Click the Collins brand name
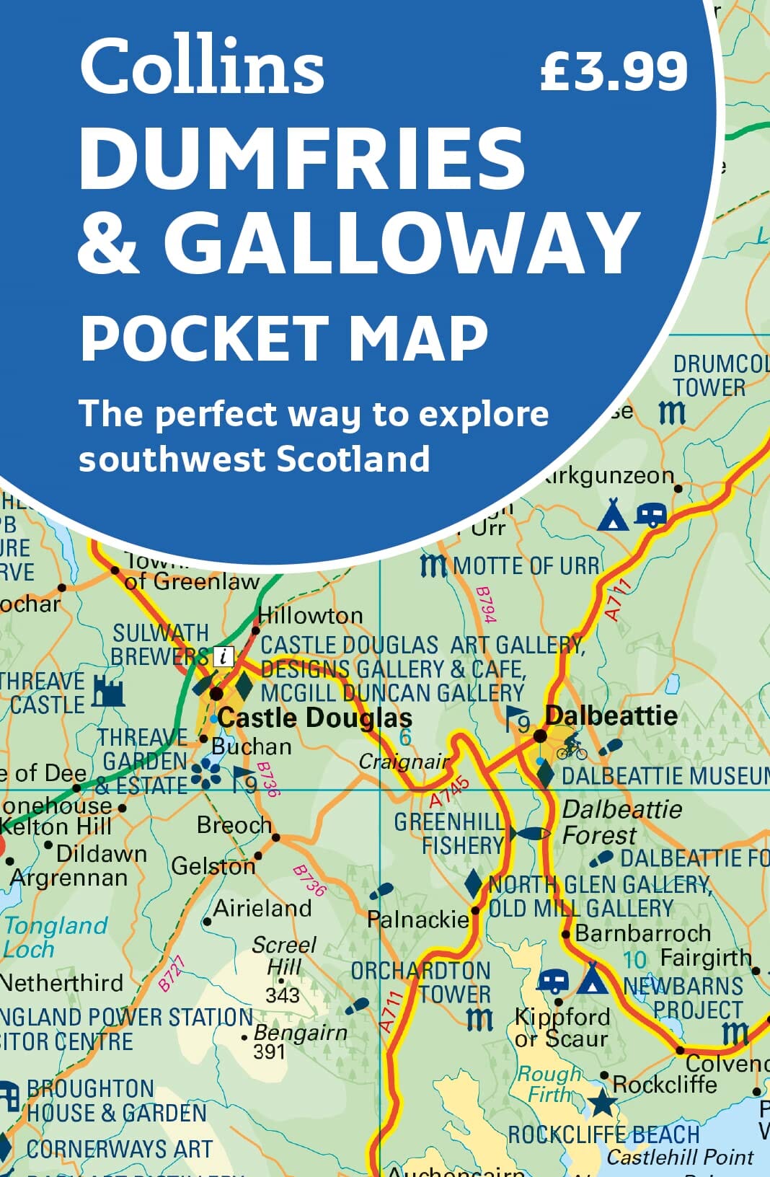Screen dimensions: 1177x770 coord(202,66)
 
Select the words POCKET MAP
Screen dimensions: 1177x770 coord(283,337)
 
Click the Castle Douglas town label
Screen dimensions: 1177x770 coord(315,718)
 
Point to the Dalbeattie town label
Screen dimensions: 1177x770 coord(611,715)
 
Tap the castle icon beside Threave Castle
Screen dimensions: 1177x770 coord(108,692)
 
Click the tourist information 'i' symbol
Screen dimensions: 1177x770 coord(225,656)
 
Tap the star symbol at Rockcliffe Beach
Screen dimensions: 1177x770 coord(602,1103)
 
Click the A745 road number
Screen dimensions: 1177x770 coord(449,793)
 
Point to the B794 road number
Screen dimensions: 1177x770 coord(486,604)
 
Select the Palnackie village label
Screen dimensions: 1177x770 coord(417,920)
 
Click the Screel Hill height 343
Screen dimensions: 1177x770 coord(282,995)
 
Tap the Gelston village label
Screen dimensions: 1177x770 coord(213,865)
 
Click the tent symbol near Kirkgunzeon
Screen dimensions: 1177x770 coord(612,514)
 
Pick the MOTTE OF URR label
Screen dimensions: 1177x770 coord(526,566)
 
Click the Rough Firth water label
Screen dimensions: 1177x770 coord(549,1084)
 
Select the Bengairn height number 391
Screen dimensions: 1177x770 coord(269,1052)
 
